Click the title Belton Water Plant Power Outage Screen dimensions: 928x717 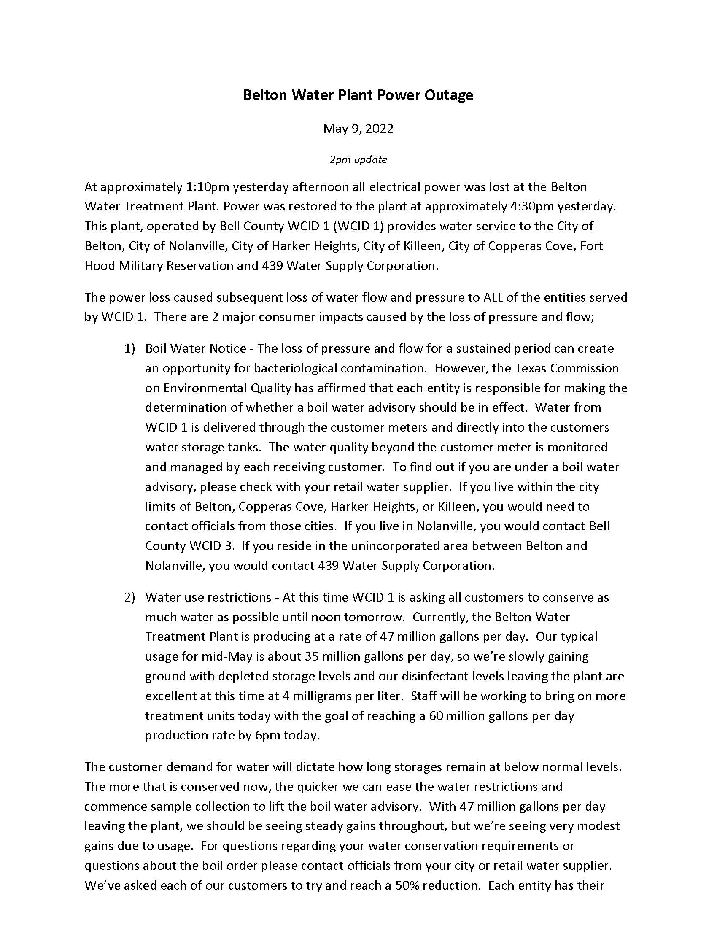358,95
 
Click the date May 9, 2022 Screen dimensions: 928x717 358,128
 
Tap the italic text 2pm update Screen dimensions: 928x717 358,160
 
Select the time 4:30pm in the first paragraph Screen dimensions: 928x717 531,207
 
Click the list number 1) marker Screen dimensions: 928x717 129,349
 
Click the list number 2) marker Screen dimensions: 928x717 129,597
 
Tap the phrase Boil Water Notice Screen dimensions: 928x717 195,349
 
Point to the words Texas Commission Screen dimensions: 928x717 566,368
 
